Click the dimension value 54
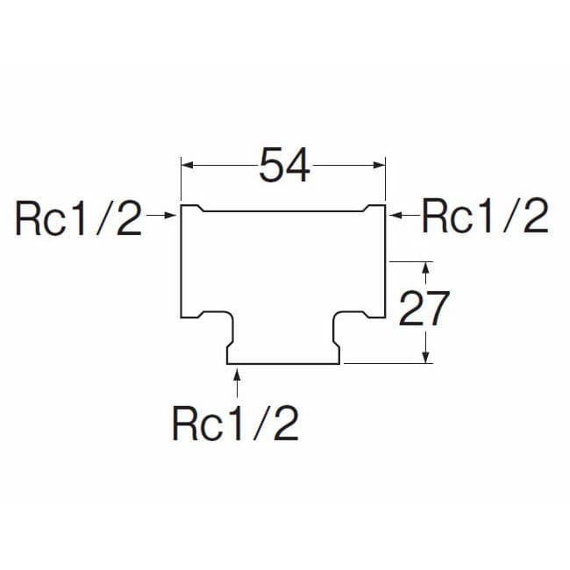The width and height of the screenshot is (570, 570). click(285, 165)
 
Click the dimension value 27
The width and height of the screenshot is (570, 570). click(424, 309)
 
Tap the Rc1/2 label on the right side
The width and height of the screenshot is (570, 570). click(485, 216)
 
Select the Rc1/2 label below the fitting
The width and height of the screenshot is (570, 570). click(235, 424)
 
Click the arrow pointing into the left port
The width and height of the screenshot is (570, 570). click(161, 216)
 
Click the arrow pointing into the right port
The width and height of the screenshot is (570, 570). click(404, 216)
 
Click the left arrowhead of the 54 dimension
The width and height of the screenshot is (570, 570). click(187, 166)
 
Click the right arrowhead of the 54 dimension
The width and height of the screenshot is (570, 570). click(380, 166)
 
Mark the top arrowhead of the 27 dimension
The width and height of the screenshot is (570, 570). click(427, 267)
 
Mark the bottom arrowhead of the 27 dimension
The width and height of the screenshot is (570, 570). click(427, 357)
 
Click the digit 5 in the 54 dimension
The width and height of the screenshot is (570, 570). click(271, 166)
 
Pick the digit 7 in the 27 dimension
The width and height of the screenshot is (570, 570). click(438, 309)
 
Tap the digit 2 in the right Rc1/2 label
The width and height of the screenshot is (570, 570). click(536, 216)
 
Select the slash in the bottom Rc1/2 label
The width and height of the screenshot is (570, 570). click(260, 424)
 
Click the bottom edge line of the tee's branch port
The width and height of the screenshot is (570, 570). click(283, 364)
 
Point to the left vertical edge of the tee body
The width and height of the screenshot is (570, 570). click(181, 261)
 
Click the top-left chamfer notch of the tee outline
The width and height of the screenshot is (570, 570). click(200, 209)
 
